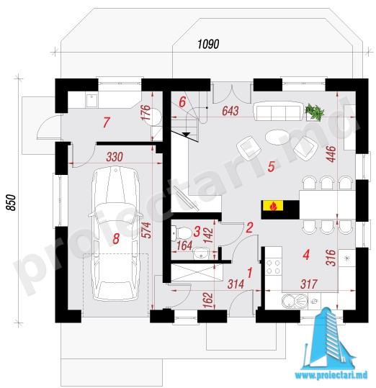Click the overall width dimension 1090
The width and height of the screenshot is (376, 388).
coord(208,44)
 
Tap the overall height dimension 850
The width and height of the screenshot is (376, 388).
coord(11,202)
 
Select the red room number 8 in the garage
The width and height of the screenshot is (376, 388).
coord(116,239)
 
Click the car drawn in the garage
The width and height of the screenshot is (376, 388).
coord(115,233)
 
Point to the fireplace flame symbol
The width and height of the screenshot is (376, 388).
coord(273,206)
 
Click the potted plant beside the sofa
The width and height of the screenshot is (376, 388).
coord(315,112)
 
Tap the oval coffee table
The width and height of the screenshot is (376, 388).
coord(277,136)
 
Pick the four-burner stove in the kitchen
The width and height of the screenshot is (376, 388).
coord(274,266)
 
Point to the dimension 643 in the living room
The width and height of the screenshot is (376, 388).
coord(230,111)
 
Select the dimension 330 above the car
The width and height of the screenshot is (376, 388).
coord(115,157)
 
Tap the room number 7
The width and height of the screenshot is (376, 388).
coord(106,122)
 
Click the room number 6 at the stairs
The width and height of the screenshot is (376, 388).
coord(182,101)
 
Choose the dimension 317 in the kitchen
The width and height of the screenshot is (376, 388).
coord(309,284)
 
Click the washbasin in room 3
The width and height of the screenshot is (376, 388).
coord(201,253)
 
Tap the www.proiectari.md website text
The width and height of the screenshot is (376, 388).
coord(331,375)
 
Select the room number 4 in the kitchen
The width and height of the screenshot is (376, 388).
coord(306,255)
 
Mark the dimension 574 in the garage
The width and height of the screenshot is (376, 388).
coord(147,230)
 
